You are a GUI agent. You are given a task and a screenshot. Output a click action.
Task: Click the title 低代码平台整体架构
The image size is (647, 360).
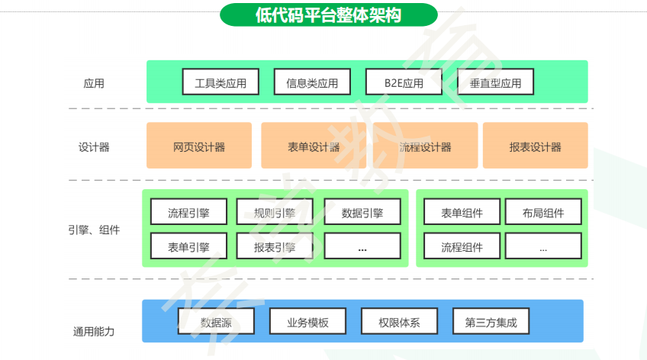click(x=328, y=14)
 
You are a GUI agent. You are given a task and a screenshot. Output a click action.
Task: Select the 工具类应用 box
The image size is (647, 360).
click(x=220, y=82)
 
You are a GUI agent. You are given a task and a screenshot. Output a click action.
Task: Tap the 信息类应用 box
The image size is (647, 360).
click(x=311, y=82)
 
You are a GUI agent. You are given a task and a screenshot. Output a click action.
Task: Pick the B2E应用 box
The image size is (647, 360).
click(x=404, y=82)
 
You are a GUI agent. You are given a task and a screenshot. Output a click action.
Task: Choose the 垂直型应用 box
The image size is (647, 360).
click(x=496, y=82)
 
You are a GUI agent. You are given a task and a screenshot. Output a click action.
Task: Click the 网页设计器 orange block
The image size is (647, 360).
click(x=199, y=146)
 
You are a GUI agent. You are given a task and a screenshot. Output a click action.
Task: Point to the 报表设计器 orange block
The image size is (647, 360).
click(x=535, y=146)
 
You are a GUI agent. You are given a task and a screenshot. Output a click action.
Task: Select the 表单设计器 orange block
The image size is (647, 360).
click(x=314, y=146)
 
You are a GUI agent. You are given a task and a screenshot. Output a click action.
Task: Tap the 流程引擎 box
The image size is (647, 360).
click(x=188, y=212)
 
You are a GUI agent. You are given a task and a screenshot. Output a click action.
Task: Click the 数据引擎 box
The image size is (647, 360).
click(x=362, y=212)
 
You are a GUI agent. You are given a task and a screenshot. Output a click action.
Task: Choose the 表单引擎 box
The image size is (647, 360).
click(x=188, y=246)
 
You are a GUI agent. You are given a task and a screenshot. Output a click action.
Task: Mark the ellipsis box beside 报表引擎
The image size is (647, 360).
click(x=362, y=246)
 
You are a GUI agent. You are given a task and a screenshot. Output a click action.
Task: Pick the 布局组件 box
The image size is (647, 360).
click(x=543, y=212)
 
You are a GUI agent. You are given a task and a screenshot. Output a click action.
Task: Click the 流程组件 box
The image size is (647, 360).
click(x=462, y=246)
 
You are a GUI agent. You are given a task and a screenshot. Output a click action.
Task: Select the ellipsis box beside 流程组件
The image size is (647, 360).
click(x=543, y=246)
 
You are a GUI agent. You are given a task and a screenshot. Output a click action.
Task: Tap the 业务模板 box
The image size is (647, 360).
click(x=307, y=322)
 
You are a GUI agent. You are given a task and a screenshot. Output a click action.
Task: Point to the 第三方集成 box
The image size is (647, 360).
click(x=491, y=322)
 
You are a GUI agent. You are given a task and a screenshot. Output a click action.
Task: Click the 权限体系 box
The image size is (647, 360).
click(x=399, y=322)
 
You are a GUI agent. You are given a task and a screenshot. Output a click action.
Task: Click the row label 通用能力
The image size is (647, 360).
click(x=94, y=331)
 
